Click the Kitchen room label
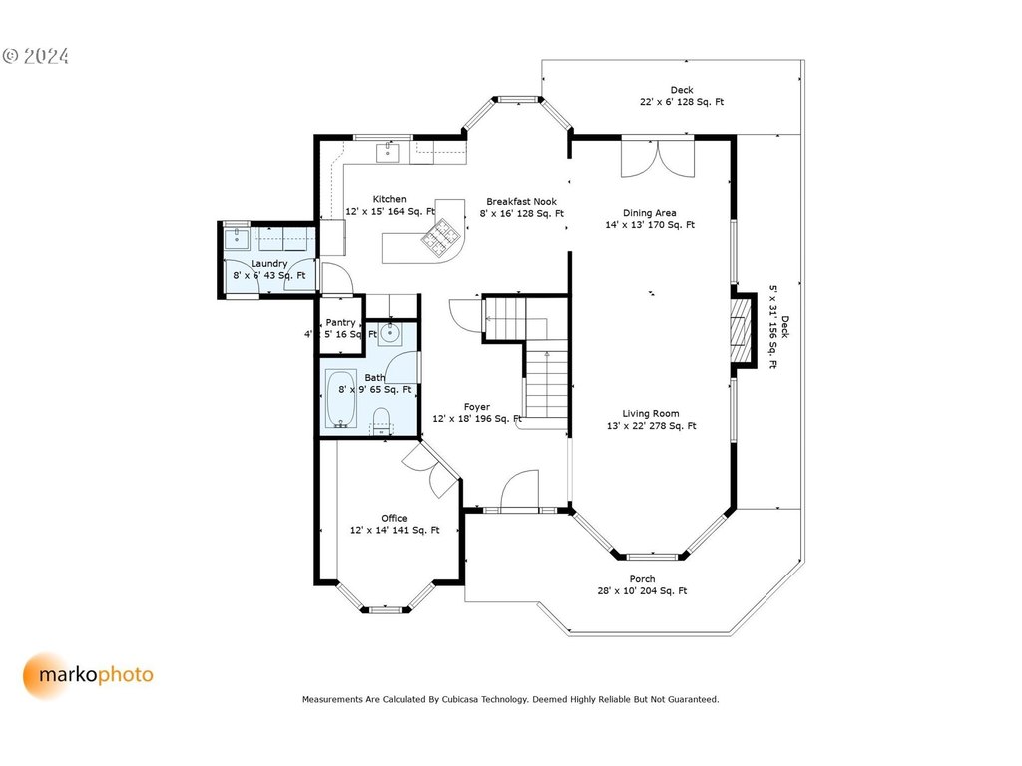click(x=390, y=199)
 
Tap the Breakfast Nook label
click(x=521, y=201)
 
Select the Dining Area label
click(x=649, y=213)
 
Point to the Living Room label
click(x=651, y=414)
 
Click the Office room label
click(x=394, y=518)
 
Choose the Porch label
click(x=642, y=579)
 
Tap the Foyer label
click(x=477, y=407)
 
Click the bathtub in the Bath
click(x=341, y=399)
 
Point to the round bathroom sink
click(x=390, y=333)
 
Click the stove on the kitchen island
click(x=440, y=236)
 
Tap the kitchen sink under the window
click(x=388, y=152)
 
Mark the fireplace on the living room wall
click(x=741, y=331)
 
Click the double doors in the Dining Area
click(x=658, y=158)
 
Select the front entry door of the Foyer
click(x=519, y=491)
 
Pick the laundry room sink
click(x=237, y=239)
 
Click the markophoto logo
click(x=88, y=675)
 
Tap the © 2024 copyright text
click(x=36, y=56)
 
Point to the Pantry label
click(x=341, y=322)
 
